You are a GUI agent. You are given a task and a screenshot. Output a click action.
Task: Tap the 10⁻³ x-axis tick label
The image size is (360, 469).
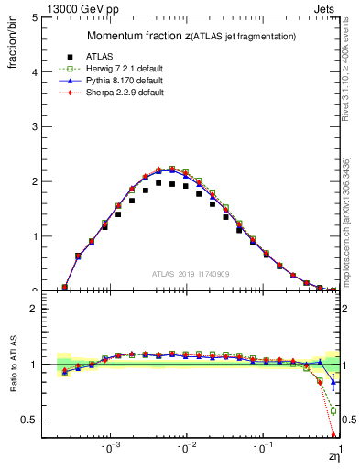[111, 450]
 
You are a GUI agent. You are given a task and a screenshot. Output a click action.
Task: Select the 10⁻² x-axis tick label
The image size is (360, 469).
[187, 450]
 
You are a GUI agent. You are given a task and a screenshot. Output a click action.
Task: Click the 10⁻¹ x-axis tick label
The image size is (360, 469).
[263, 450]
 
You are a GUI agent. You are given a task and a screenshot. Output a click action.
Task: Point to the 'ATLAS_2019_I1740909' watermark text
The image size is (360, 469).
[191, 274]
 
